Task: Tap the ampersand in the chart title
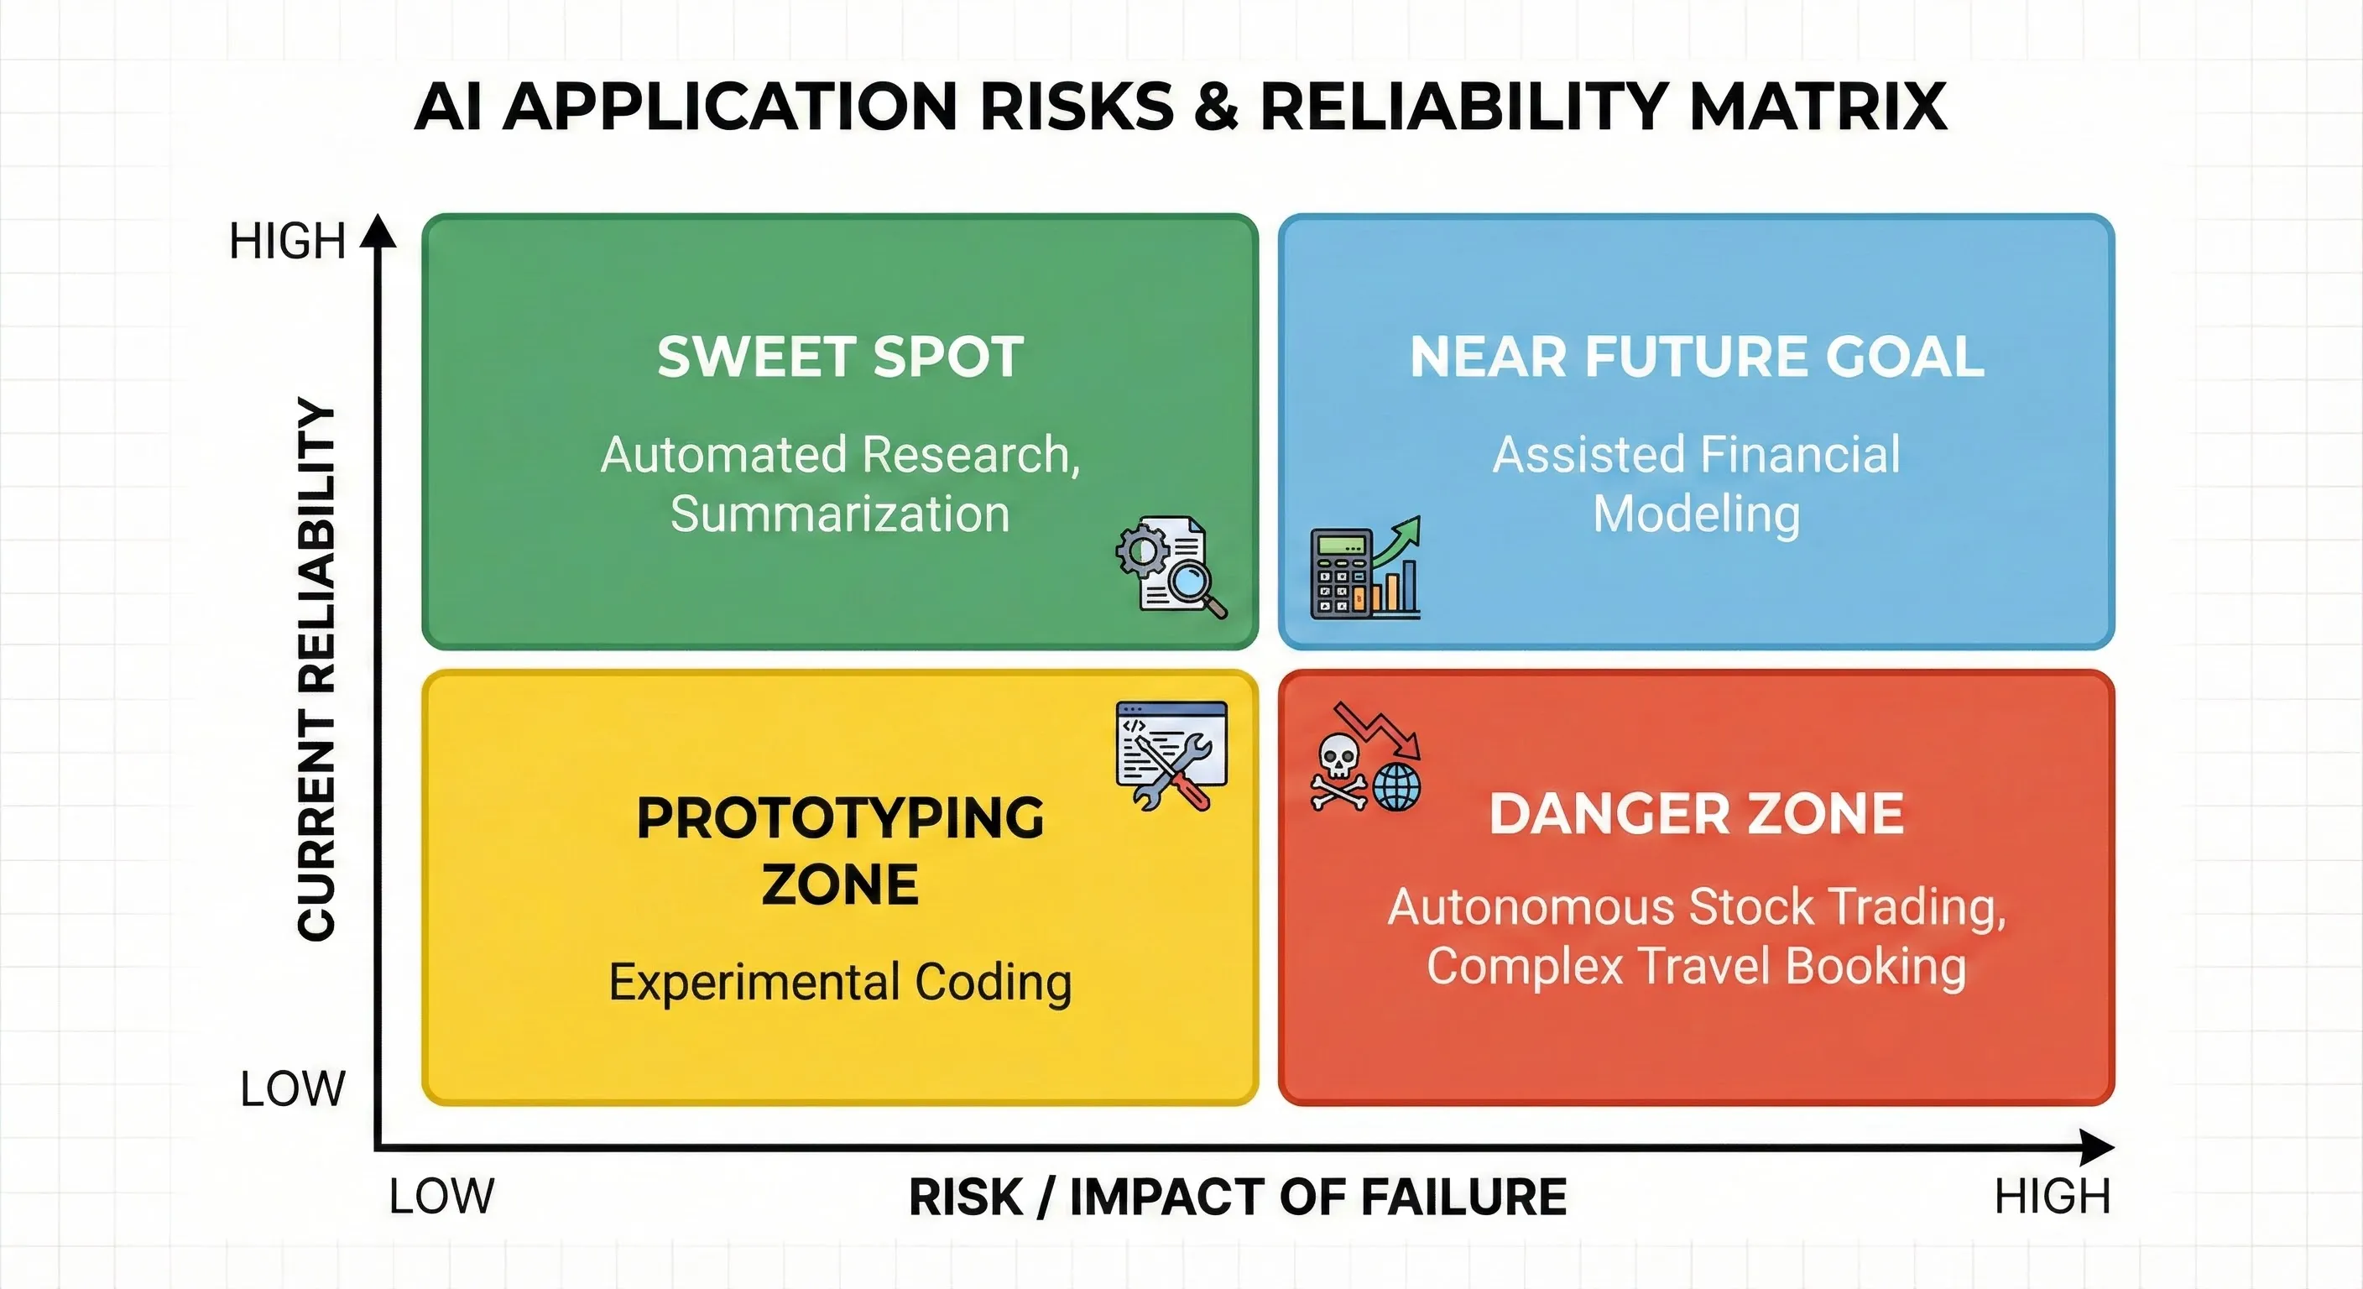click(x=1217, y=107)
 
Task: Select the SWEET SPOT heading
click(x=840, y=357)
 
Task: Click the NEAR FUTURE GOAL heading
click(x=1696, y=357)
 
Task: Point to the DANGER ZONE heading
click(x=1696, y=814)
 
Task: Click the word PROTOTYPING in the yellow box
click(x=840, y=817)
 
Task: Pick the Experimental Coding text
click(x=840, y=983)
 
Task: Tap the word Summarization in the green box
click(x=840, y=514)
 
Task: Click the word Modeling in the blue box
click(x=1696, y=514)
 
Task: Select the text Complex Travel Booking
click(x=1696, y=966)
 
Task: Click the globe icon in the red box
click(x=1397, y=786)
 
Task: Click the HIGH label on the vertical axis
click(x=287, y=242)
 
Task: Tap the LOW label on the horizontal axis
click(x=441, y=1197)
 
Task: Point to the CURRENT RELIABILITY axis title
click(x=316, y=670)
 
